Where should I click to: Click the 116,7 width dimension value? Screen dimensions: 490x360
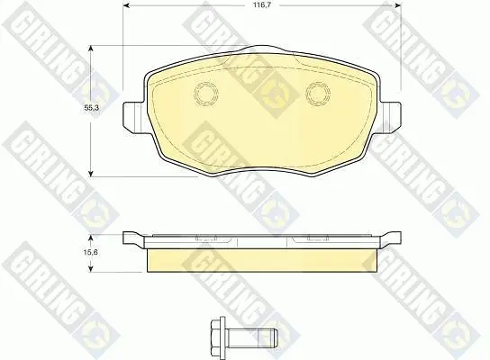262,5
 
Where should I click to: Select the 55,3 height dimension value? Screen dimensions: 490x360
91,108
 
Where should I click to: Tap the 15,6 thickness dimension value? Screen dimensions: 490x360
91,252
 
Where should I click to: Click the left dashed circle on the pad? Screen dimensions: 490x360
206,94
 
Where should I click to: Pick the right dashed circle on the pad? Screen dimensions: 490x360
318,94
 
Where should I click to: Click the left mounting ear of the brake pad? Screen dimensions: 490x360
134,116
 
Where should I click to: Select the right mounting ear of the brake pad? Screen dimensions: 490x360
390,116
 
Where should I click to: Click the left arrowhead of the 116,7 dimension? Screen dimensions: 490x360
126,5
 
